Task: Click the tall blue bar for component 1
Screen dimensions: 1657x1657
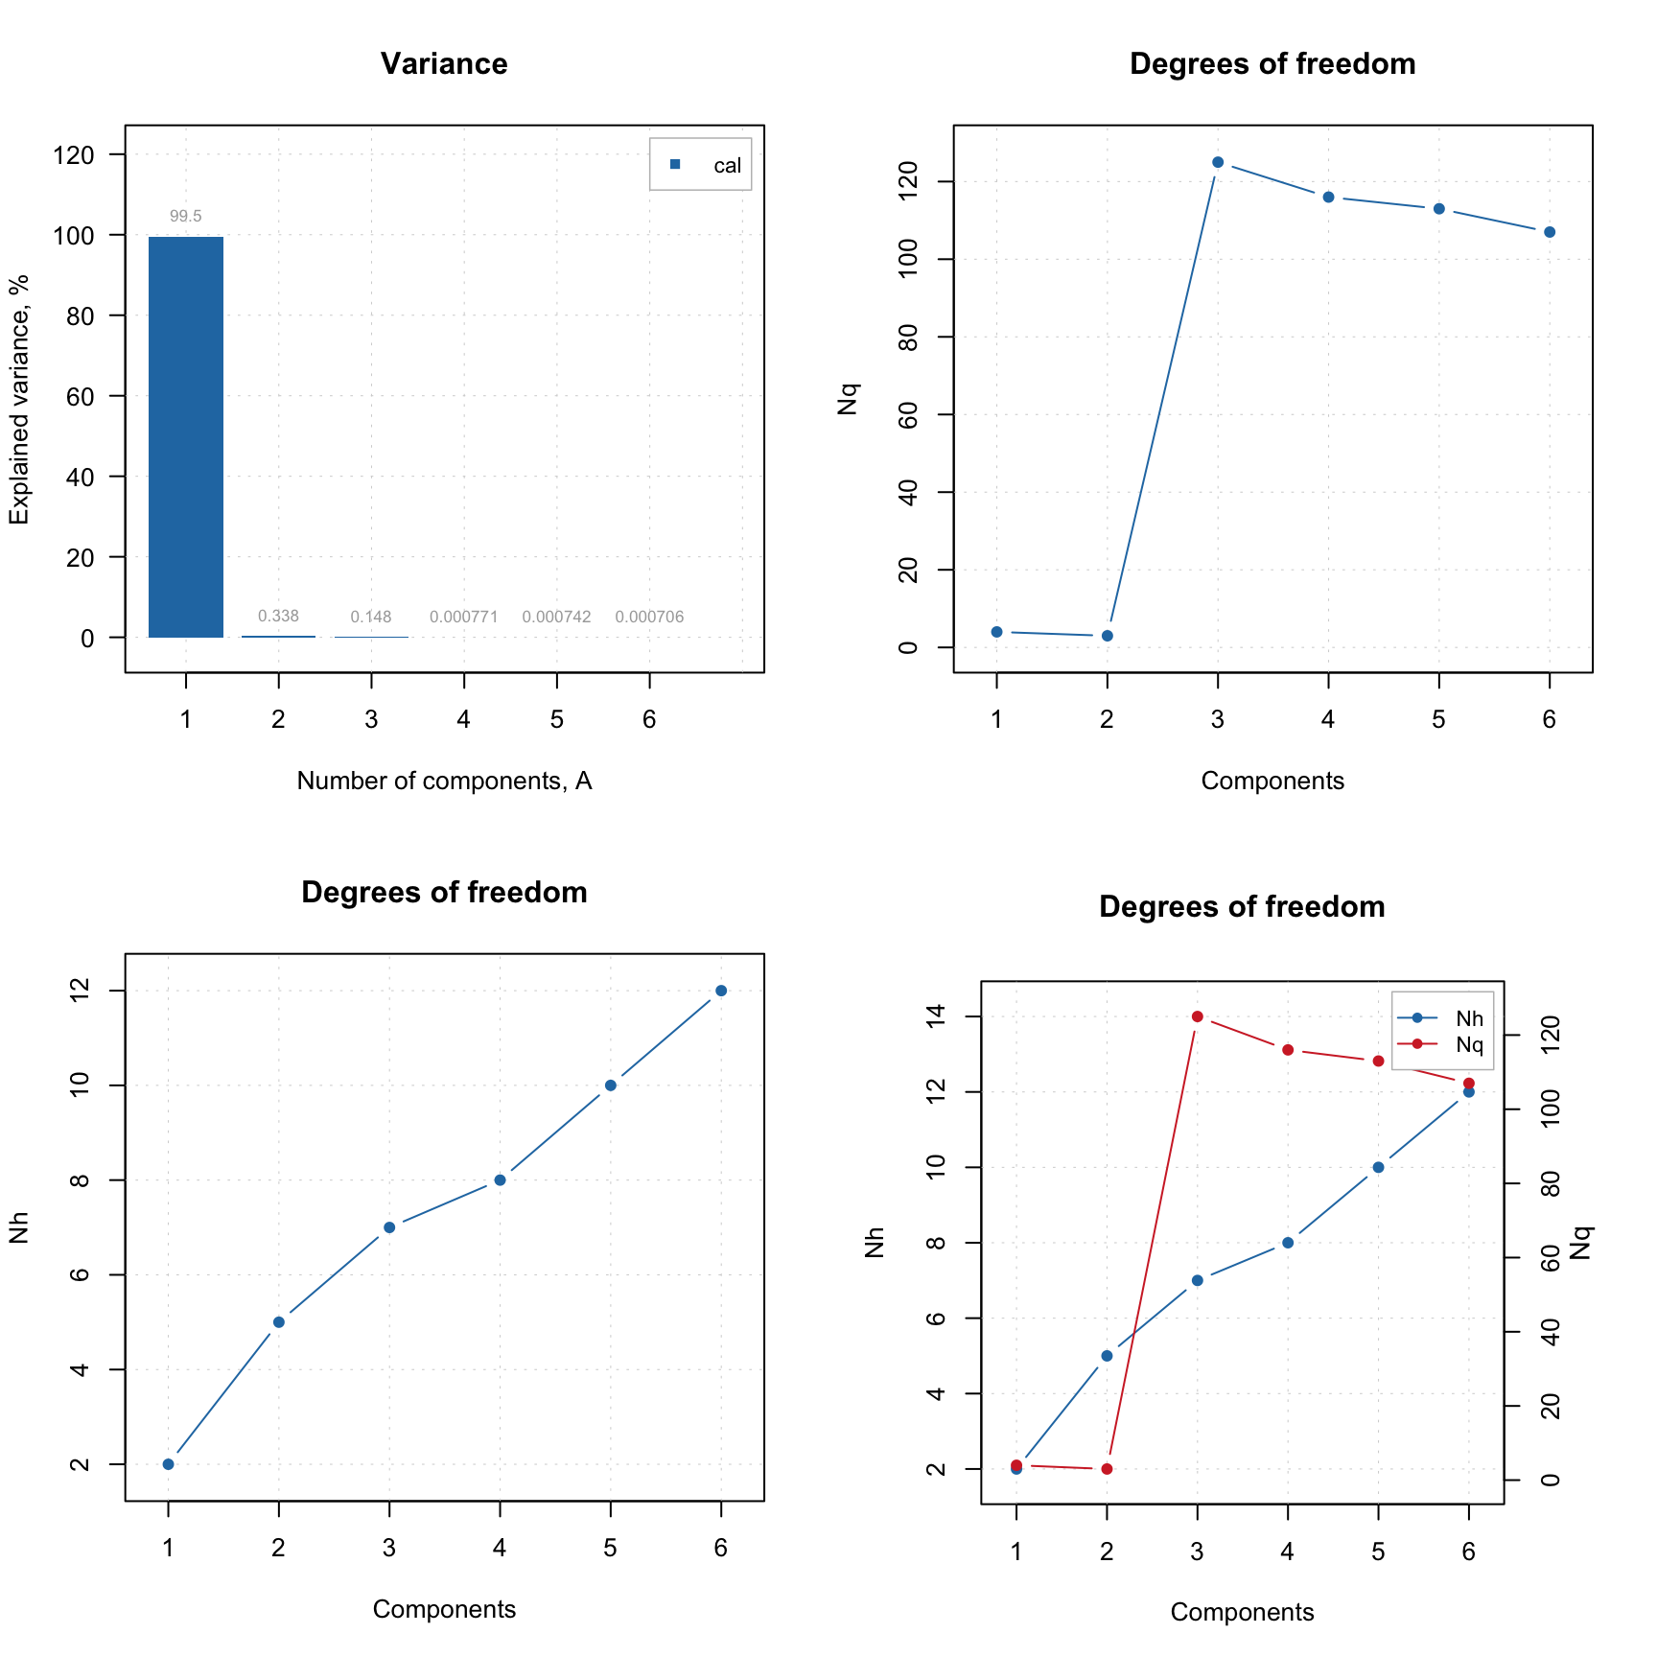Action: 185,436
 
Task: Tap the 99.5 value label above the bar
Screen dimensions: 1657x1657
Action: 185,217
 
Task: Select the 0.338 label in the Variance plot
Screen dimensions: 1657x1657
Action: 278,617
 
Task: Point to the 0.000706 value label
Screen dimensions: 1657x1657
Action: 649,618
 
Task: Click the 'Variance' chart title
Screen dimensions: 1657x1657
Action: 444,64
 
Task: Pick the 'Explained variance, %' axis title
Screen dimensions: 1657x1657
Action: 19,399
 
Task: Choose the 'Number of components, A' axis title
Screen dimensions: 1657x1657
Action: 444,782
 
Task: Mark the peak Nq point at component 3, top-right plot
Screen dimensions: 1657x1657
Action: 1218,162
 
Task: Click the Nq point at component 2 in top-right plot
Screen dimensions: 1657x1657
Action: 1107,636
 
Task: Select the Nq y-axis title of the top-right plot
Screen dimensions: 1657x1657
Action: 848,399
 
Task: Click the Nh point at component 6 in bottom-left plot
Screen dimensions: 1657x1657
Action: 721,991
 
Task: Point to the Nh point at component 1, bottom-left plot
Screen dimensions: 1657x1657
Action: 168,1464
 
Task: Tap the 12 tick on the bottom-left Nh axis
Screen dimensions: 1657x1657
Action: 81,991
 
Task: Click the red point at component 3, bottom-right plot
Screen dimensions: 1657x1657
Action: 1197,1016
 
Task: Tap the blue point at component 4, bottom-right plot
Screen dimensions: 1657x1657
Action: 1288,1243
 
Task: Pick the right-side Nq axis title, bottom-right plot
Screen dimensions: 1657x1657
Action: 1580,1243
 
